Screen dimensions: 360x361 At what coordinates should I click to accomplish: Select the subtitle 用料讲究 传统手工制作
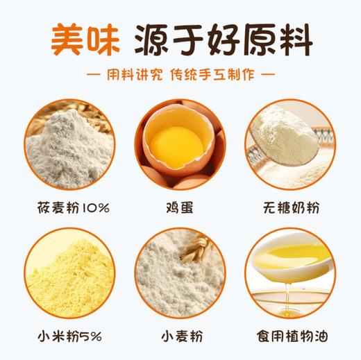click(180, 73)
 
